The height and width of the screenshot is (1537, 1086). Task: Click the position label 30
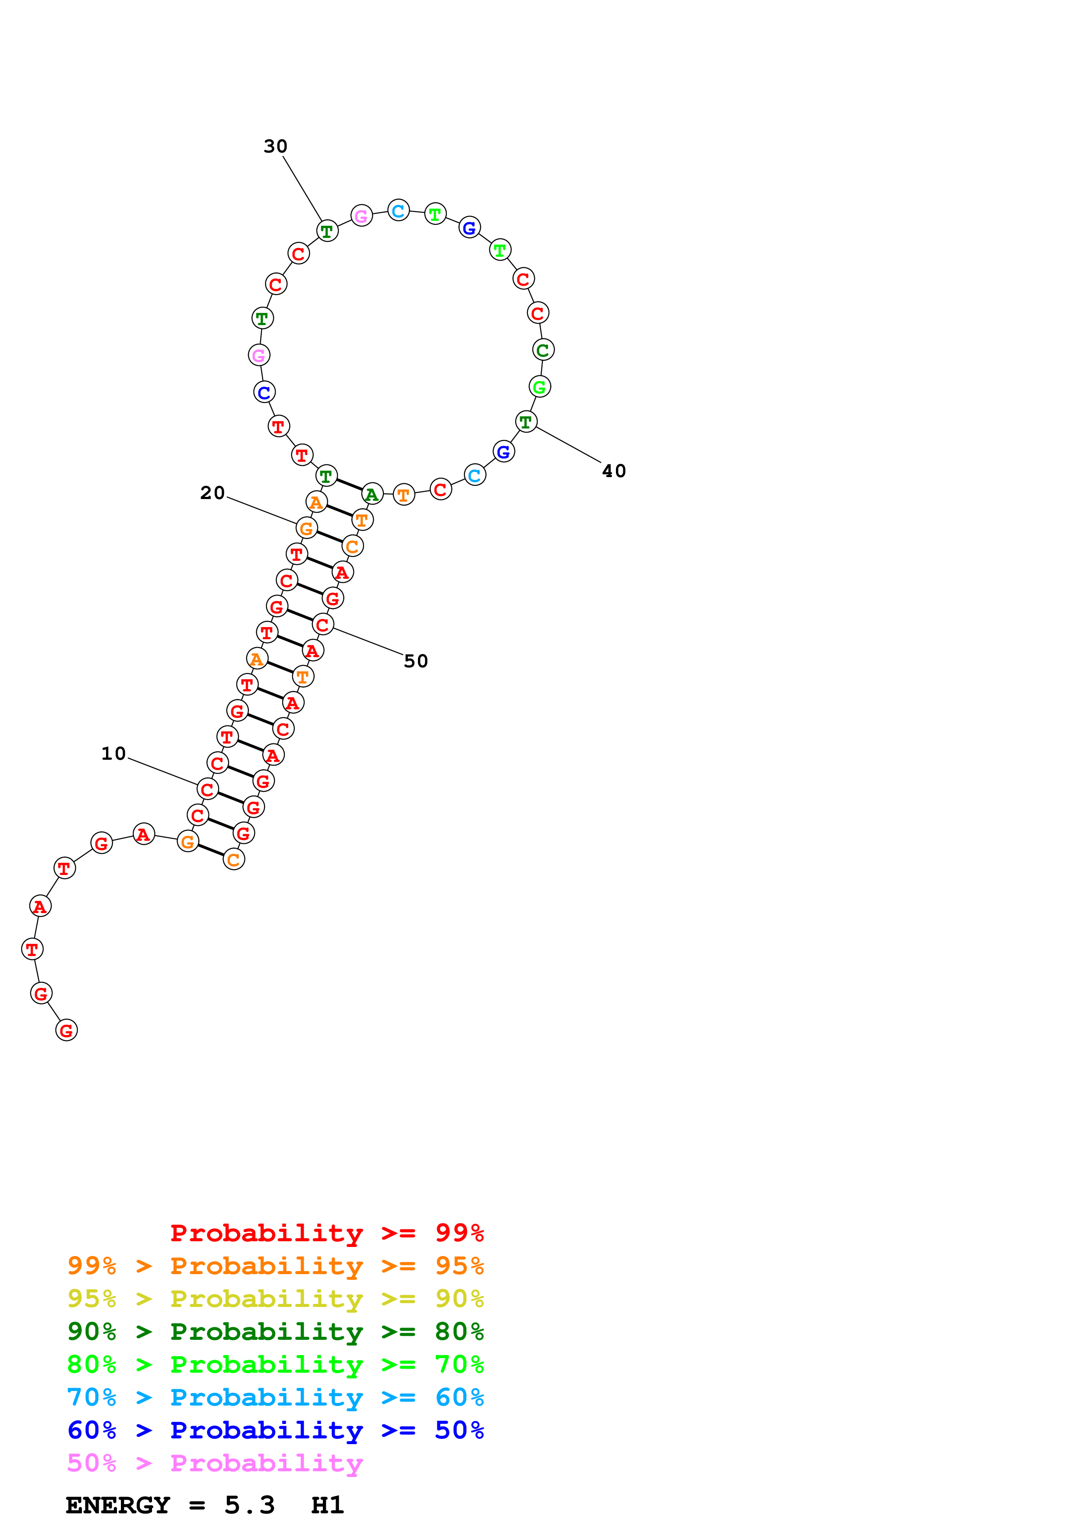pyautogui.click(x=275, y=147)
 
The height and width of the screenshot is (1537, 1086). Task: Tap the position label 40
pyautogui.click(x=614, y=471)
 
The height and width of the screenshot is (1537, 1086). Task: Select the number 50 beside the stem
pyautogui.click(x=416, y=662)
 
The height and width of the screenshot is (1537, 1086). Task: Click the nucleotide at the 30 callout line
pyautogui.click(x=326, y=231)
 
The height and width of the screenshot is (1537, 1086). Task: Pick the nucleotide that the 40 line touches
pyautogui.click(x=526, y=422)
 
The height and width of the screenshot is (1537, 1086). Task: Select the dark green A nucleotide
pyautogui.click(x=372, y=494)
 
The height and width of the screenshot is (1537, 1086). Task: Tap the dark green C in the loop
pyautogui.click(x=543, y=350)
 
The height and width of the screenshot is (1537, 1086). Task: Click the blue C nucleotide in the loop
pyautogui.click(x=264, y=392)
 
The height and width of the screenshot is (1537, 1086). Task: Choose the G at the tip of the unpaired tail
pyautogui.click(x=66, y=1030)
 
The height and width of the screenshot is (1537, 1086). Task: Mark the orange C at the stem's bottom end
pyautogui.click(x=233, y=860)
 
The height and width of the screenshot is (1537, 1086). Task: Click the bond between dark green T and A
pyautogui.click(x=349, y=485)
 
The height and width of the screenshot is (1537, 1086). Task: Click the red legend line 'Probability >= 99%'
pyautogui.click(x=326, y=1233)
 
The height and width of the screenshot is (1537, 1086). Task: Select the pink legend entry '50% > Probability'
pyautogui.click(x=215, y=1463)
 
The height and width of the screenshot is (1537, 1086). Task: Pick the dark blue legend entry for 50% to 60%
pyautogui.click(x=275, y=1431)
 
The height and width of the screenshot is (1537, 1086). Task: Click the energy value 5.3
pyautogui.click(x=249, y=1505)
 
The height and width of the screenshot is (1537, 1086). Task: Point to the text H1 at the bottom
pyautogui.click(x=327, y=1505)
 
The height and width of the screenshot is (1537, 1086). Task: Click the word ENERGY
pyautogui.click(x=118, y=1505)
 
